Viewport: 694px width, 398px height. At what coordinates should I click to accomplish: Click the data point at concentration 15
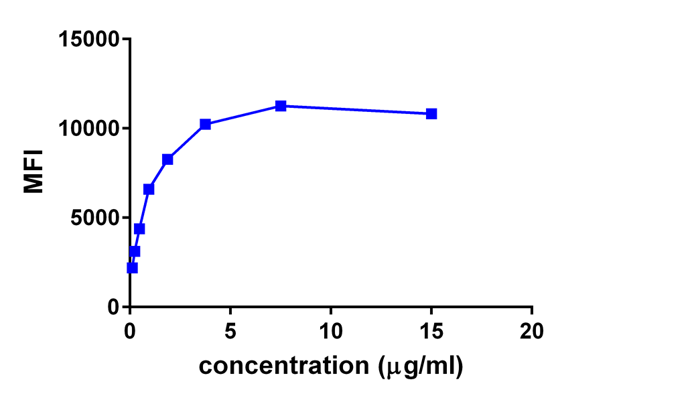point(431,114)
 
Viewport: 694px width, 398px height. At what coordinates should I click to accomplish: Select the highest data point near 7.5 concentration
point(281,106)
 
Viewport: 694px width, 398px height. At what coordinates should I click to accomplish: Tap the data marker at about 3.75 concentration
point(205,124)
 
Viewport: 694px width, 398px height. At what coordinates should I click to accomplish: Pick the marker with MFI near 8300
point(167,159)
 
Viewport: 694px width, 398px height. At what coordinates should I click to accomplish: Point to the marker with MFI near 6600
point(149,190)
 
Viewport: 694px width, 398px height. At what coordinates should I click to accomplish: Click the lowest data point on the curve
point(132,268)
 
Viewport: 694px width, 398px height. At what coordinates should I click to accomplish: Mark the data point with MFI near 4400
point(139,229)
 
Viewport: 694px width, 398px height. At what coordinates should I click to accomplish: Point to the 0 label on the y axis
point(113,307)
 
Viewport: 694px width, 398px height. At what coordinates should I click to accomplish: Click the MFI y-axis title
point(33,172)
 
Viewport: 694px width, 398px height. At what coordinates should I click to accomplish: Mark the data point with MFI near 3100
point(135,252)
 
